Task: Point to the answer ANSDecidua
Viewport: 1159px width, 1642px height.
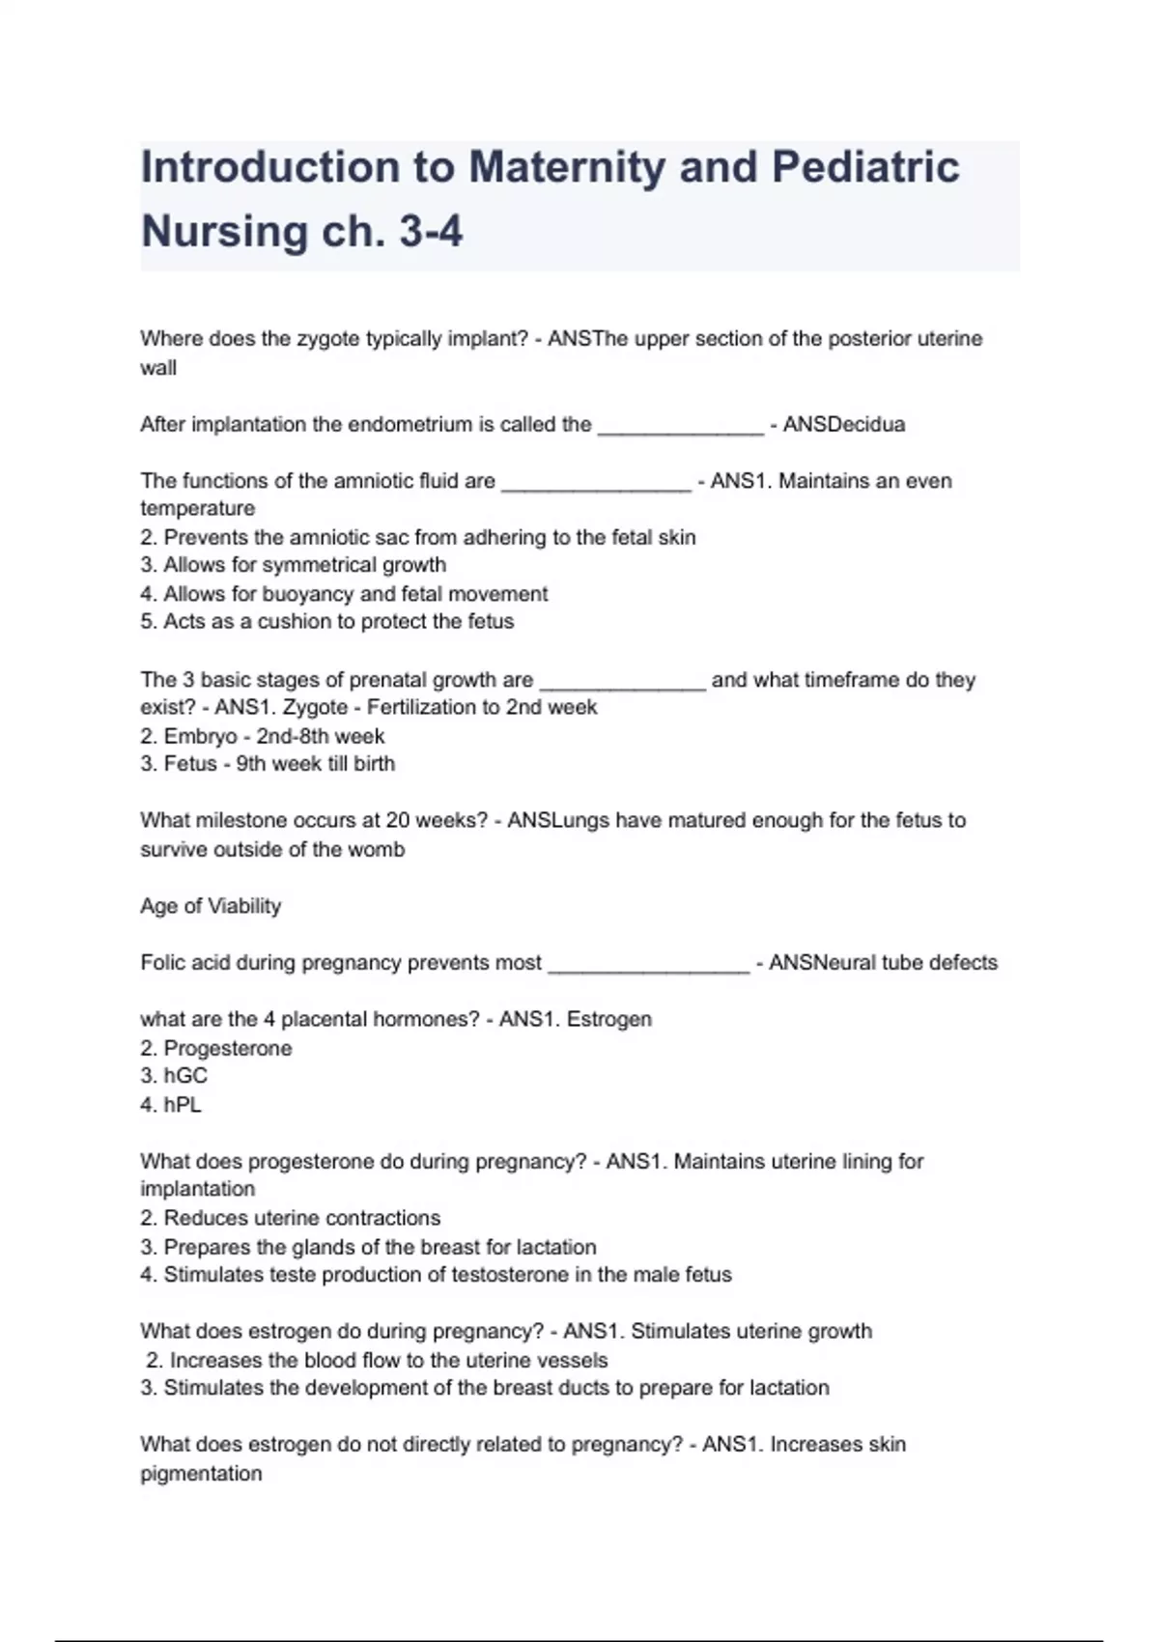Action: pos(843,425)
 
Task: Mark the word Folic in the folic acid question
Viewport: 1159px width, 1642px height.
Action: pos(162,963)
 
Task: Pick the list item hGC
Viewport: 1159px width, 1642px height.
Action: pos(185,1076)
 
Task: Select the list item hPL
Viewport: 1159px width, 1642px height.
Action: pos(183,1105)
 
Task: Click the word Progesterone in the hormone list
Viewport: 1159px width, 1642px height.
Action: pos(227,1049)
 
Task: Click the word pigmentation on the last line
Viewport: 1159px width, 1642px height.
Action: pos(201,1474)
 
